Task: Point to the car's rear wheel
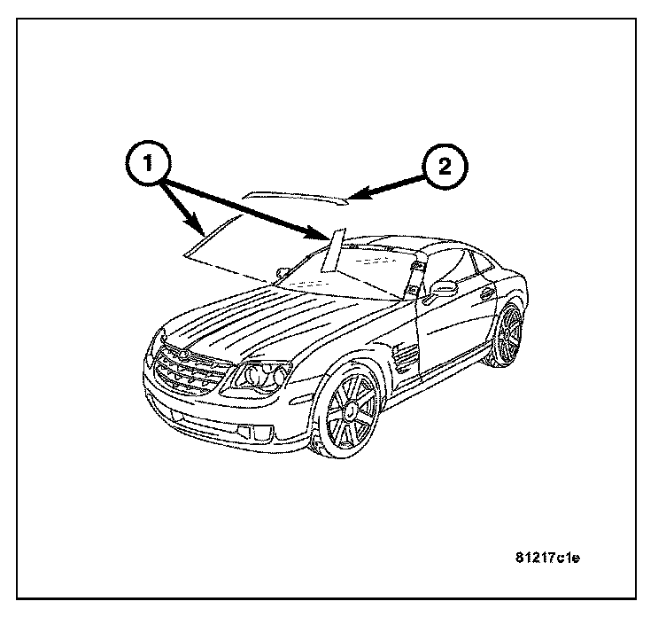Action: tap(508, 335)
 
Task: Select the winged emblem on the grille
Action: tap(181, 352)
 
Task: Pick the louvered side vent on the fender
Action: tap(407, 356)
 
